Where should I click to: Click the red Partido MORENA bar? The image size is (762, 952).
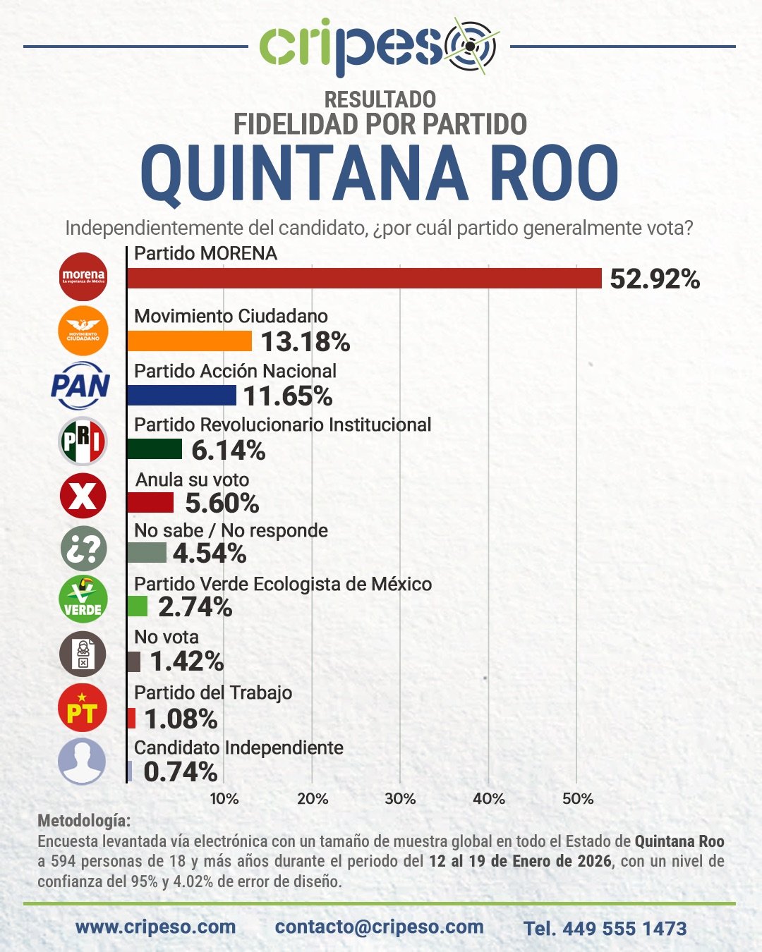(364, 279)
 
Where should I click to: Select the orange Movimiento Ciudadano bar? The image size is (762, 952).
(189, 341)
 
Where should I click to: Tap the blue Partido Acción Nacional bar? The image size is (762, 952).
(181, 396)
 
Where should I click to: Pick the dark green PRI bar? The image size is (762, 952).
(155, 449)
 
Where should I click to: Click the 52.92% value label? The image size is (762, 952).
(655, 279)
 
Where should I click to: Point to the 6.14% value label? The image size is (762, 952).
(228, 450)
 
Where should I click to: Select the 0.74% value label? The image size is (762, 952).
(180, 771)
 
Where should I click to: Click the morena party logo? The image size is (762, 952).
(83, 276)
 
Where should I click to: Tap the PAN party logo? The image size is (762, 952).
(81, 385)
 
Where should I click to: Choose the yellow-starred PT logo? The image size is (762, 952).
(83, 707)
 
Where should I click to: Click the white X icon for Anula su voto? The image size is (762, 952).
(83, 496)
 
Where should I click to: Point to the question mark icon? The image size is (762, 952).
(83, 549)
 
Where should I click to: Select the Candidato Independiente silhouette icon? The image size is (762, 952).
(83, 761)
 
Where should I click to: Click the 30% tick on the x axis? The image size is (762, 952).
(400, 799)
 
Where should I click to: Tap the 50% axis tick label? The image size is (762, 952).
(577, 799)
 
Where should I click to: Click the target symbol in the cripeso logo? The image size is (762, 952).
(470, 46)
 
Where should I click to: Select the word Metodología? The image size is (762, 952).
(84, 821)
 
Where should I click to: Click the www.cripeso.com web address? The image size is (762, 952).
(155, 927)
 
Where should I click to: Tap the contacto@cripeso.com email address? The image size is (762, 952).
(380, 927)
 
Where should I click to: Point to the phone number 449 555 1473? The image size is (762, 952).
(624, 928)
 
